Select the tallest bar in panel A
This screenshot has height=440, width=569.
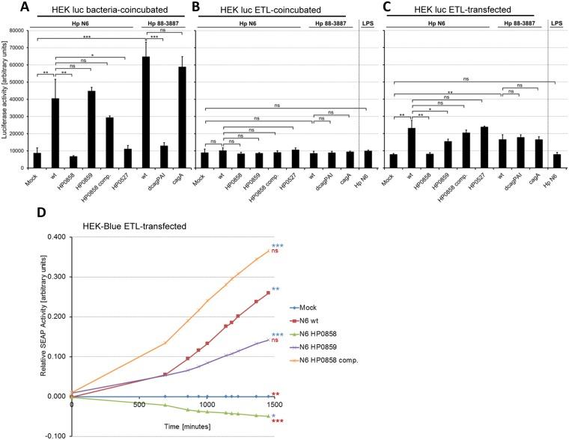(x=153, y=112)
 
